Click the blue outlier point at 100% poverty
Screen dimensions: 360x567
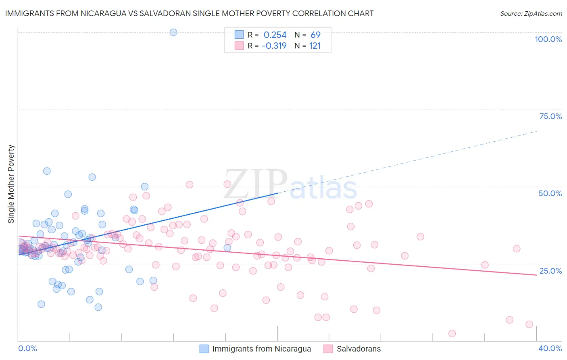[x=173, y=32]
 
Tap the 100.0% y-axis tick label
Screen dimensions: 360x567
[x=548, y=39]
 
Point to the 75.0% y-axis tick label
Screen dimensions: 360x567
[x=550, y=116]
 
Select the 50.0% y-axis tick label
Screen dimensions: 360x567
[x=550, y=193]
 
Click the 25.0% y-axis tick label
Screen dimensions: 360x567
[x=550, y=270]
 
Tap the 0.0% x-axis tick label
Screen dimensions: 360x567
[x=27, y=348]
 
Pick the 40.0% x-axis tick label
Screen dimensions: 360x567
[x=550, y=348]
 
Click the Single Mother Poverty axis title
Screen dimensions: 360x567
[x=11, y=184]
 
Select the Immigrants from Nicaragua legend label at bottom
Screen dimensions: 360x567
[x=261, y=349]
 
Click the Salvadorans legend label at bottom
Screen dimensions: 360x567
[x=359, y=349]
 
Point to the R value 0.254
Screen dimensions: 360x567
[x=275, y=35]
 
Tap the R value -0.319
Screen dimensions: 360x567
[x=274, y=46]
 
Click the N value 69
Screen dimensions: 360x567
[x=315, y=35]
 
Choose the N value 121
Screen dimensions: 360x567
[x=315, y=46]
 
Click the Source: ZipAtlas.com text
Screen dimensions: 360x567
[x=531, y=14]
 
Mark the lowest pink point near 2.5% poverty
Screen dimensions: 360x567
[x=452, y=333]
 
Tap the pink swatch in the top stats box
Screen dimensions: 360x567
[x=239, y=46]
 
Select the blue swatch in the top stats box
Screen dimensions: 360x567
[x=239, y=35]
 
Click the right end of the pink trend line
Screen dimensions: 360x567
[x=536, y=275]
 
